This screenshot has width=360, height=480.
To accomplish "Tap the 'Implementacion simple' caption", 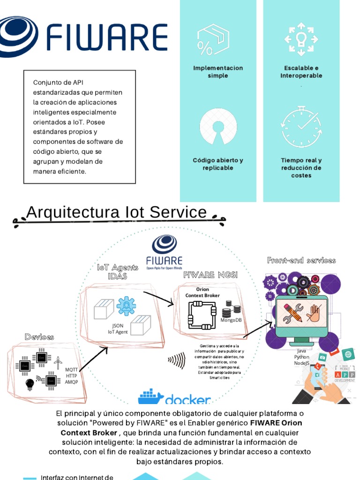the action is (218, 72).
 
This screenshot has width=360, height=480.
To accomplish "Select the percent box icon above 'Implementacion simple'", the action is (213, 40).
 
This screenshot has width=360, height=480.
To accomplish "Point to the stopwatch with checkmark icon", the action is (301, 127).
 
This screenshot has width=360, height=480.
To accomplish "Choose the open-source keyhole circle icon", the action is (218, 127).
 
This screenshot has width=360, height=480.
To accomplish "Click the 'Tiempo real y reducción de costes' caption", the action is (301, 168).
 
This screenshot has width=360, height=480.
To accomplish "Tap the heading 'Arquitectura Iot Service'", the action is (117, 212).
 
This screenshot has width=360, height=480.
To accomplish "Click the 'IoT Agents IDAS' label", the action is (118, 272).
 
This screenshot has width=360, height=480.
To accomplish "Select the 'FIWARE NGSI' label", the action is (210, 275).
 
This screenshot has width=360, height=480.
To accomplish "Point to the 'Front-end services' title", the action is (301, 261).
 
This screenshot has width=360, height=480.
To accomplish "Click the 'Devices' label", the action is (39, 337).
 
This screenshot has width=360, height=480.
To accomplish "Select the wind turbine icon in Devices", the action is (58, 363).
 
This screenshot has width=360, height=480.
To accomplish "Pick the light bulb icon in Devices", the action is (30, 384).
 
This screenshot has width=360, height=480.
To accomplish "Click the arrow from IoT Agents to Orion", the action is (158, 298).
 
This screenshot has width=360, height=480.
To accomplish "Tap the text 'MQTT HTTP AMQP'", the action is (71, 375).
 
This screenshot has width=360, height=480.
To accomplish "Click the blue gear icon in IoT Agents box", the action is (126, 306).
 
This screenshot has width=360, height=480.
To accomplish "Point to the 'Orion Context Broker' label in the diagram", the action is (202, 292).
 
